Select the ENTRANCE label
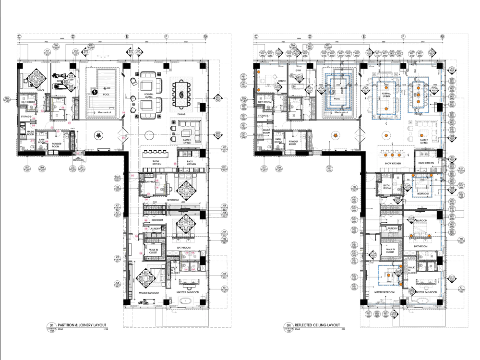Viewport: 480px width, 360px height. (x=79, y=159)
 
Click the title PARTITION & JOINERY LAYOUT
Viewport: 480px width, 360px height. (x=82, y=325)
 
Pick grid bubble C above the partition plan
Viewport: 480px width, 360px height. (x=20, y=36)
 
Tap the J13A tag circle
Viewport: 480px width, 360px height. (x=117, y=178)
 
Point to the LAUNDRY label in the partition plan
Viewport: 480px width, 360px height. (x=155, y=229)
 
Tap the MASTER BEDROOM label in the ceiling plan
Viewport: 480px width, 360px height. (x=384, y=292)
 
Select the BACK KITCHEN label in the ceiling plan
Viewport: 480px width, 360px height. (x=428, y=163)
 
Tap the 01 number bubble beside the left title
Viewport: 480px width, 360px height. (x=48, y=325)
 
